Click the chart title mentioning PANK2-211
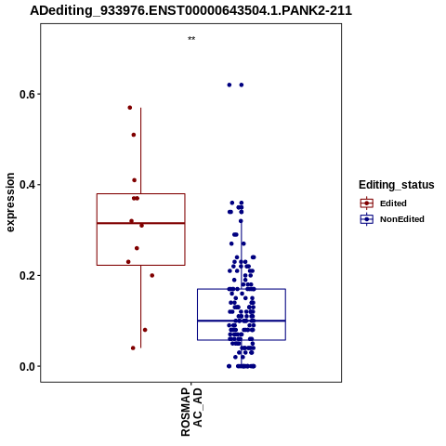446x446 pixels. (x=190, y=10)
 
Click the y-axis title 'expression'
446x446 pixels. (x=10, y=203)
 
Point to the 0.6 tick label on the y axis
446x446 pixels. (x=26, y=94)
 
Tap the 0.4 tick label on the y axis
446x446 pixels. (x=26, y=185)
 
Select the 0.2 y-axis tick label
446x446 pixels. (x=26, y=276)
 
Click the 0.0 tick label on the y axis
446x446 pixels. (x=26, y=366)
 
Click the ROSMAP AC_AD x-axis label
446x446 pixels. (x=191, y=412)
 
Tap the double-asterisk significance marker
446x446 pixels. (x=191, y=39)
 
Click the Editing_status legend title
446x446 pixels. (x=397, y=185)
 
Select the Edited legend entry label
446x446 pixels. (x=393, y=203)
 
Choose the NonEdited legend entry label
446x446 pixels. (x=402, y=219)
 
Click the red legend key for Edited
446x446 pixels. (x=367, y=203)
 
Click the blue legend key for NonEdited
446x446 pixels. (x=367, y=219)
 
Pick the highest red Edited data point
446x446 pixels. (x=130, y=108)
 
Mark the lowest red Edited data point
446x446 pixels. (x=133, y=348)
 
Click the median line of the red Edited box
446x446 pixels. (x=141, y=223)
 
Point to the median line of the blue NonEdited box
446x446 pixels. (x=242, y=321)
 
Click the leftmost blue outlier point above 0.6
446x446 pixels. (x=230, y=85)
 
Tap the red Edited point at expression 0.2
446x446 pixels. (x=151, y=275)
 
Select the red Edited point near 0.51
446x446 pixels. (x=134, y=135)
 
